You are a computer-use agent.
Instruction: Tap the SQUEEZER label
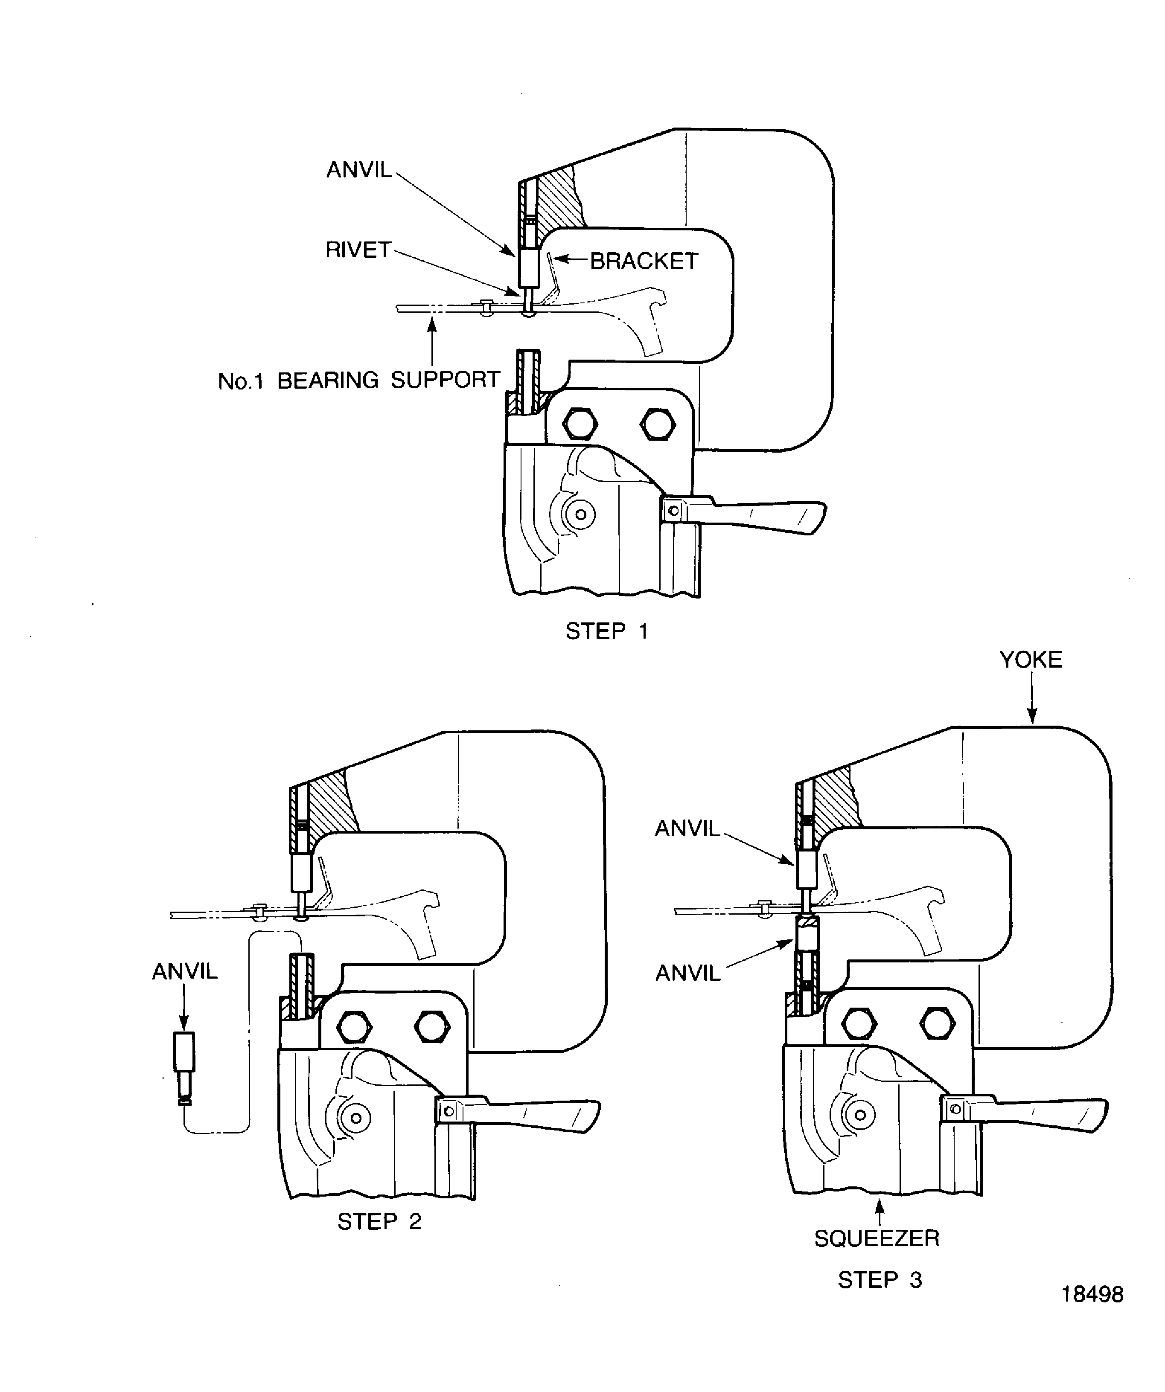877,1238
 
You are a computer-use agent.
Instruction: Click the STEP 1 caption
606,631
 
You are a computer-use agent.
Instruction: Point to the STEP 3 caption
880,1280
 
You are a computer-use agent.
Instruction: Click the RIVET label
358,250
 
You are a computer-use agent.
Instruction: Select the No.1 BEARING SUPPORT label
359,381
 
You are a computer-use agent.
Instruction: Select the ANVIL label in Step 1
359,170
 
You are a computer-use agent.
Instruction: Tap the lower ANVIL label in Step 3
687,974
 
